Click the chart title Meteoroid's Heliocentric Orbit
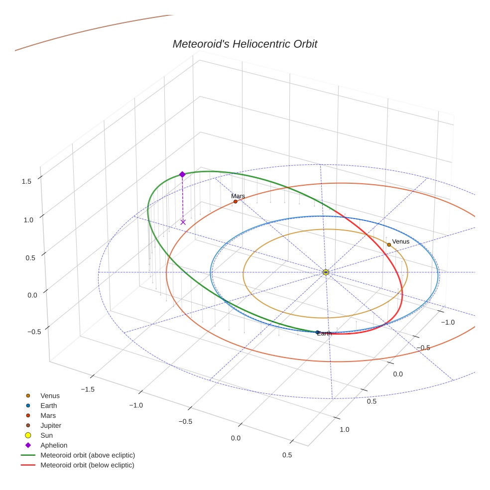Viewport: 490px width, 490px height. (x=245, y=44)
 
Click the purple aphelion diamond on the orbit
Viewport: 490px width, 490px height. (x=182, y=174)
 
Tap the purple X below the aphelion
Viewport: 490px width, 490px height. (x=183, y=222)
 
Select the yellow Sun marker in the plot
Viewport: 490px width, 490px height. (x=325, y=272)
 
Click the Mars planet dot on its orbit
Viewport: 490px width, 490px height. (x=236, y=202)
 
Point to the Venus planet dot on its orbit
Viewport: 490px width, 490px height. (x=389, y=245)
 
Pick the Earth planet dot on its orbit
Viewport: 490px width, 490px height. (x=318, y=332)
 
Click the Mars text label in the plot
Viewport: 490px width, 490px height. (x=238, y=196)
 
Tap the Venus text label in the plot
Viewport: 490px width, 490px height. (x=400, y=242)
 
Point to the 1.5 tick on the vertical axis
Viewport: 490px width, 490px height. (x=26, y=181)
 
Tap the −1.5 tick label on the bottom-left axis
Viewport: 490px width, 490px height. (x=88, y=388)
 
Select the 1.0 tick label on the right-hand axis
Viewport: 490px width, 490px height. (x=344, y=429)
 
